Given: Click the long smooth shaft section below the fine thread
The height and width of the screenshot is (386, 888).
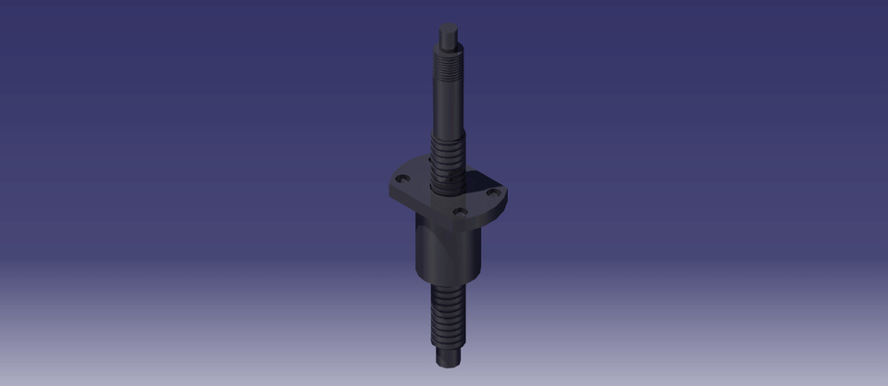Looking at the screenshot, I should (448, 106).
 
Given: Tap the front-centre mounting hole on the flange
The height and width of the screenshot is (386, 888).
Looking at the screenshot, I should (460, 212).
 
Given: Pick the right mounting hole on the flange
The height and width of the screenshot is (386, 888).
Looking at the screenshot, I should (493, 192).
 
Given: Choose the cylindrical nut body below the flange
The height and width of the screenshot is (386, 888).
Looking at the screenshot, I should (449, 250).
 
